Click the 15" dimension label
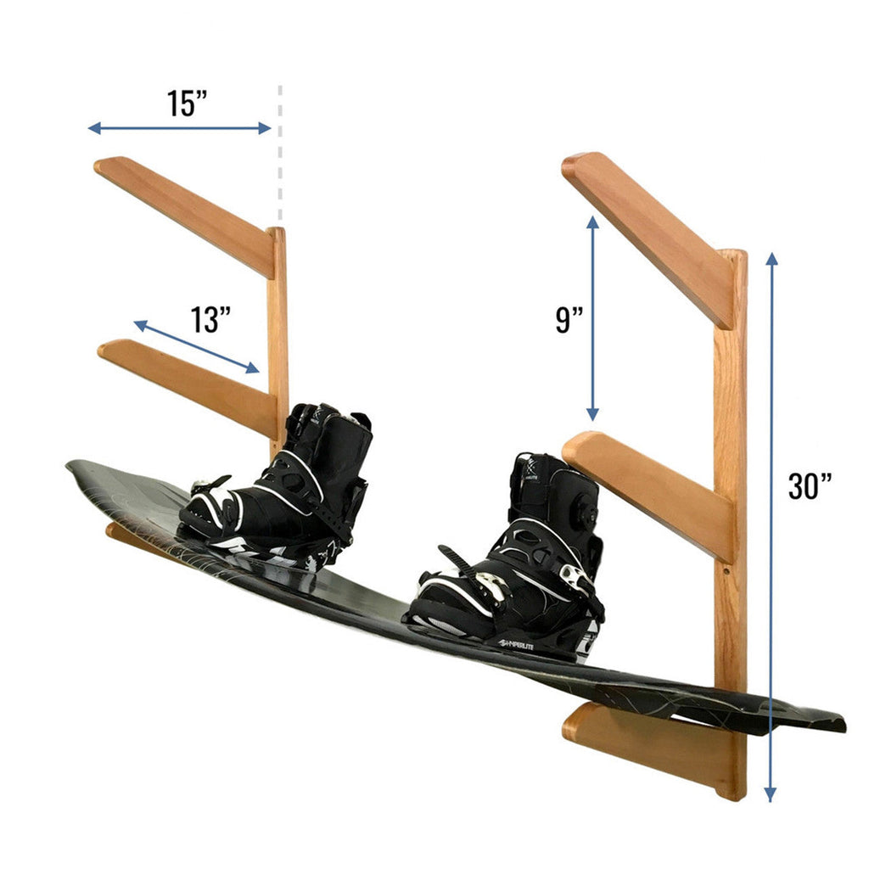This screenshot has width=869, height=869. click(187, 103)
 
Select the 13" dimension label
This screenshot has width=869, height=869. click(210, 320)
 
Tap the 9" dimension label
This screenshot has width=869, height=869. click(569, 320)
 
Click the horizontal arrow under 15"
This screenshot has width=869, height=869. click(179, 128)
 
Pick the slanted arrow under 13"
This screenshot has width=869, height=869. click(196, 346)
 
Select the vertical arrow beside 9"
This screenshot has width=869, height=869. click(592, 318)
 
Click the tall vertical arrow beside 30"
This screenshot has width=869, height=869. click(770, 526)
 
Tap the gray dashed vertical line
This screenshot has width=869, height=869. click(279, 153)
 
